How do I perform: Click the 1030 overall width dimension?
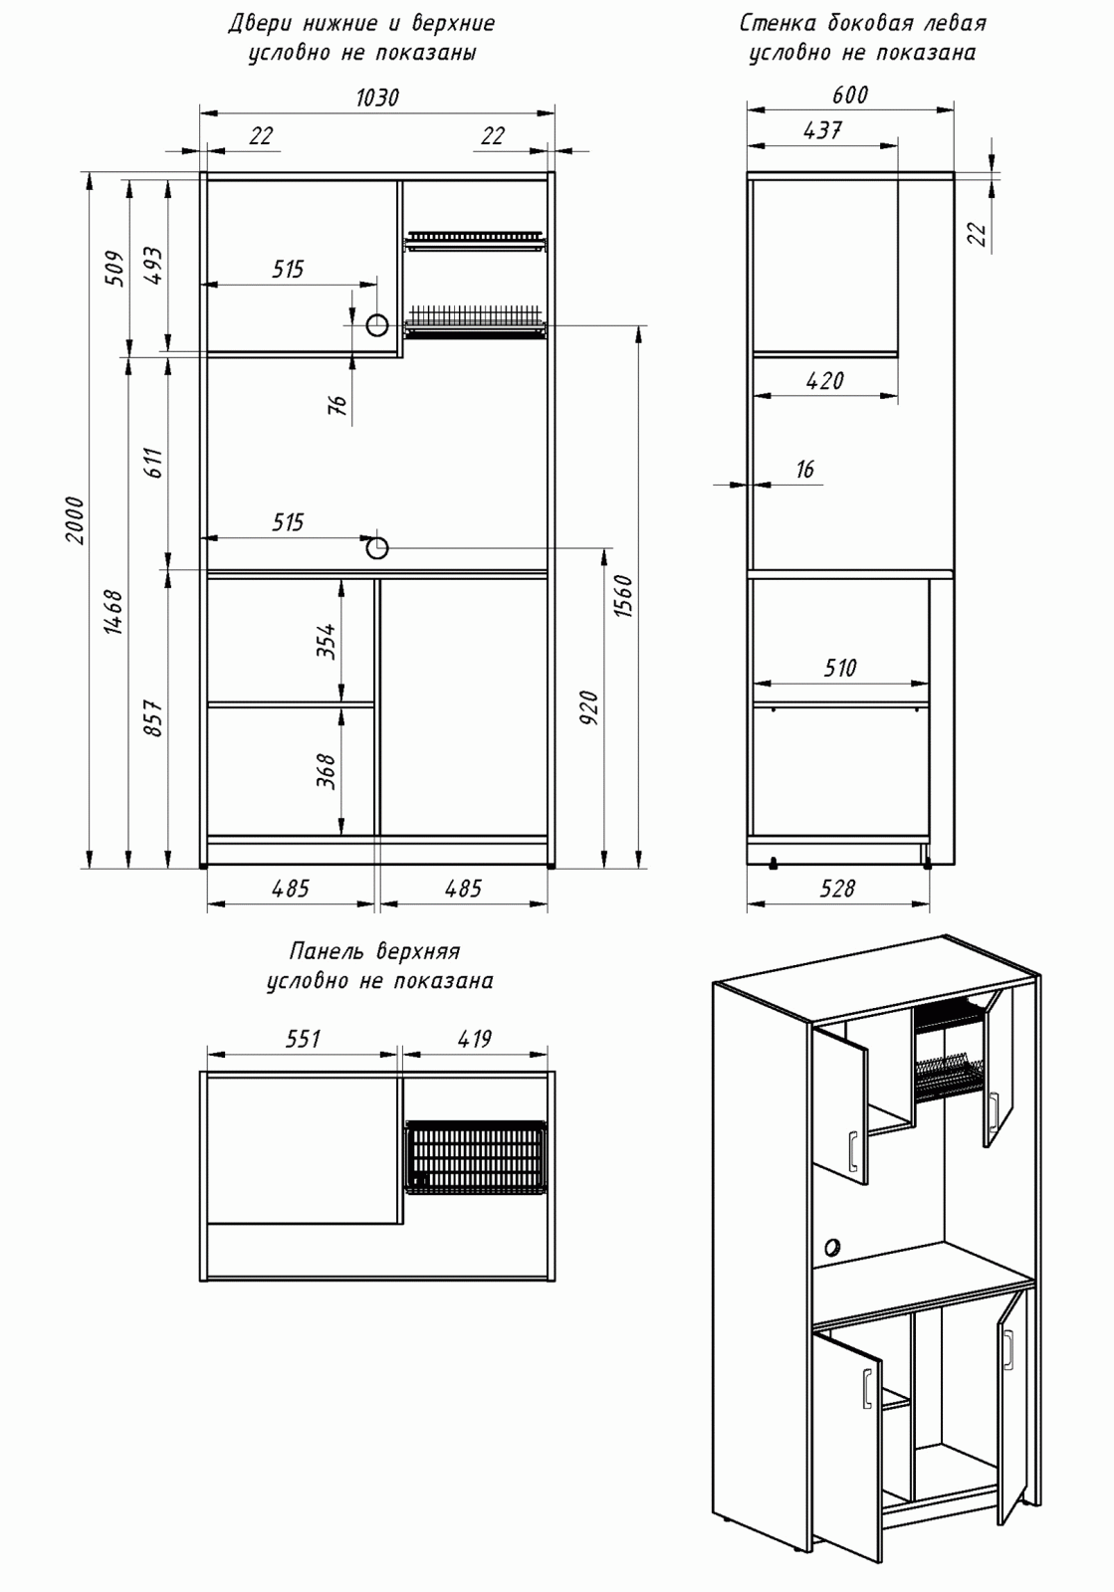(x=376, y=97)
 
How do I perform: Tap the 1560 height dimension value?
(x=623, y=595)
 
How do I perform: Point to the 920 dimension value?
(x=588, y=706)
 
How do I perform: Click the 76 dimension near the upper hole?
(x=337, y=404)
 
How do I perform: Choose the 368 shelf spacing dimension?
(x=327, y=771)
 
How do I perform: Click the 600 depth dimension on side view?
(x=849, y=95)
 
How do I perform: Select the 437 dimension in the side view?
(x=822, y=129)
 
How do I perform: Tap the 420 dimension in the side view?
(x=824, y=380)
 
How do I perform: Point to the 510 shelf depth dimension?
(x=839, y=668)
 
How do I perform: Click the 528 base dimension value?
(x=836, y=888)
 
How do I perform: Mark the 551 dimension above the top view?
(x=303, y=1039)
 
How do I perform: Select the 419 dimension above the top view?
(x=474, y=1039)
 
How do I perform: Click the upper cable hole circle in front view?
(x=377, y=325)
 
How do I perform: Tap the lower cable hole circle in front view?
(x=377, y=547)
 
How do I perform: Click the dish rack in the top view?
(x=476, y=1157)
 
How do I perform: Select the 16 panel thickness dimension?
(x=804, y=469)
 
